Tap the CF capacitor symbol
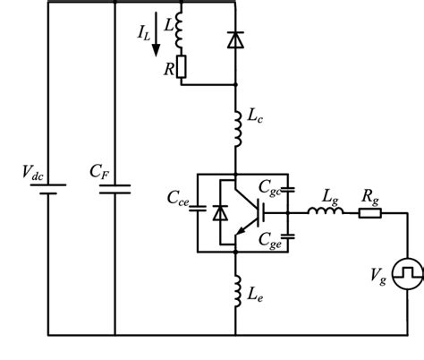(116, 189)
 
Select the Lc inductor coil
(236, 128)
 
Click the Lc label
(254, 116)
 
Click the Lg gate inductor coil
(319, 212)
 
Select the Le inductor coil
(236, 291)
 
